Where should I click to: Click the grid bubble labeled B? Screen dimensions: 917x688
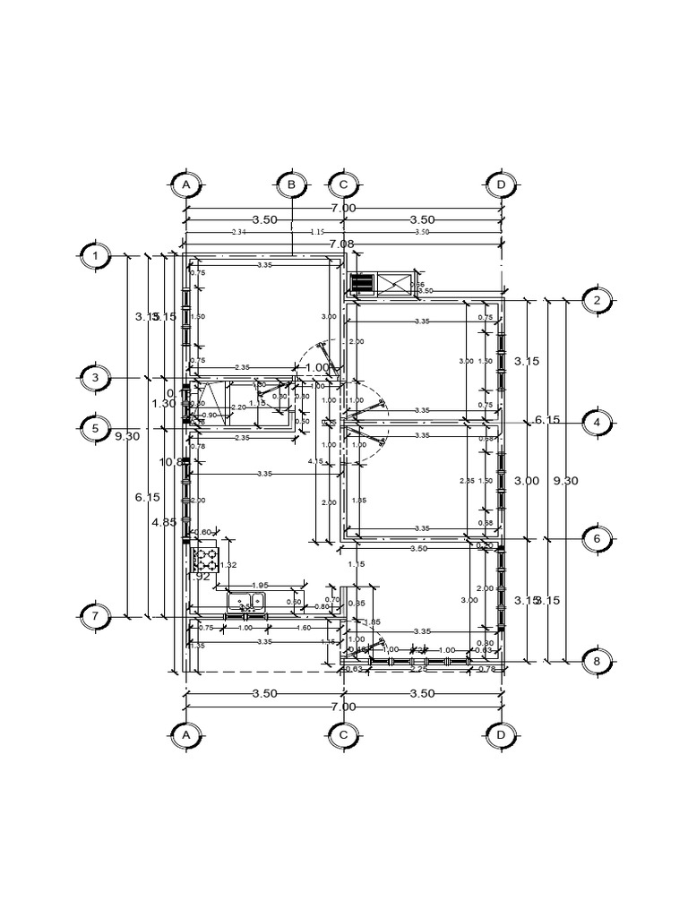pyautogui.click(x=291, y=184)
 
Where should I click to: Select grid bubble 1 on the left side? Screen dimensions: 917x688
pyautogui.click(x=95, y=256)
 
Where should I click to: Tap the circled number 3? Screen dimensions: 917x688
pyautogui.click(x=95, y=378)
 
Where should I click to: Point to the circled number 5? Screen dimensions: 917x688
pyautogui.click(x=95, y=428)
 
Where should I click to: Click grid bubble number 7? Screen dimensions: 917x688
pyautogui.click(x=95, y=616)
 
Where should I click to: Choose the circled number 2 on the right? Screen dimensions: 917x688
pyautogui.click(x=597, y=300)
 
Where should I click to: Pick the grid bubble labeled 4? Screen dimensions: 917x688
pyautogui.click(x=597, y=422)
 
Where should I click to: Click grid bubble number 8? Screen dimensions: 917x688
pyautogui.click(x=597, y=662)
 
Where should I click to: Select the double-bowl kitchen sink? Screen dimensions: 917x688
pyautogui.click(x=246, y=601)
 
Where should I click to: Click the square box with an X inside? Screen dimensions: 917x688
pyautogui.click(x=392, y=284)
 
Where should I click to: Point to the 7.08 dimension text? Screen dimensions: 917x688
pyautogui.click(x=341, y=244)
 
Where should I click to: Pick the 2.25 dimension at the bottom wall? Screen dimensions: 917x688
pyautogui.click(x=417, y=667)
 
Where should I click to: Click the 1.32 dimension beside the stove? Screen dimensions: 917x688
pyautogui.click(x=228, y=565)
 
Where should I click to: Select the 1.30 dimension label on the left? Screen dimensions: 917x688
pyautogui.click(x=163, y=404)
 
